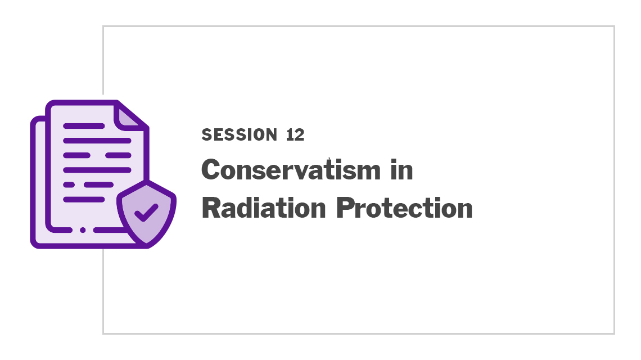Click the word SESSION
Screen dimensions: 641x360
click(240, 134)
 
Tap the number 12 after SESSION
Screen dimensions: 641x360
click(295, 134)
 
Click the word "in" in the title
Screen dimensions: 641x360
click(401, 169)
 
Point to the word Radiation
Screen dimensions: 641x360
click(264, 208)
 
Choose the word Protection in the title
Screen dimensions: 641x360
click(404, 208)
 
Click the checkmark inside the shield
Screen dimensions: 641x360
click(146, 212)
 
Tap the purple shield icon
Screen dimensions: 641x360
click(146, 214)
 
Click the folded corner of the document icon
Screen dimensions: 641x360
click(129, 116)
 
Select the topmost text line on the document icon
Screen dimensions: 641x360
click(84, 126)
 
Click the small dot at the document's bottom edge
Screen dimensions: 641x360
click(83, 230)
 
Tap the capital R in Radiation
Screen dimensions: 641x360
click(212, 208)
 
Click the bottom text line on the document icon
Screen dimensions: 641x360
click(84, 200)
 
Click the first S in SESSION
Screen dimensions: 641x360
click(206, 134)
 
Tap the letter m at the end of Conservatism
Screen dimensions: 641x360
click(368, 172)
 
